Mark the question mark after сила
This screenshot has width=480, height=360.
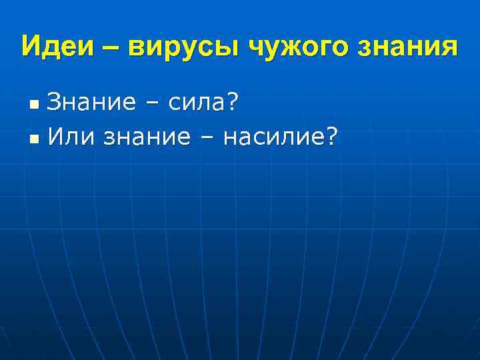234,103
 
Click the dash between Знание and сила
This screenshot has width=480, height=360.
146,105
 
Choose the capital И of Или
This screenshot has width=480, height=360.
57,137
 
